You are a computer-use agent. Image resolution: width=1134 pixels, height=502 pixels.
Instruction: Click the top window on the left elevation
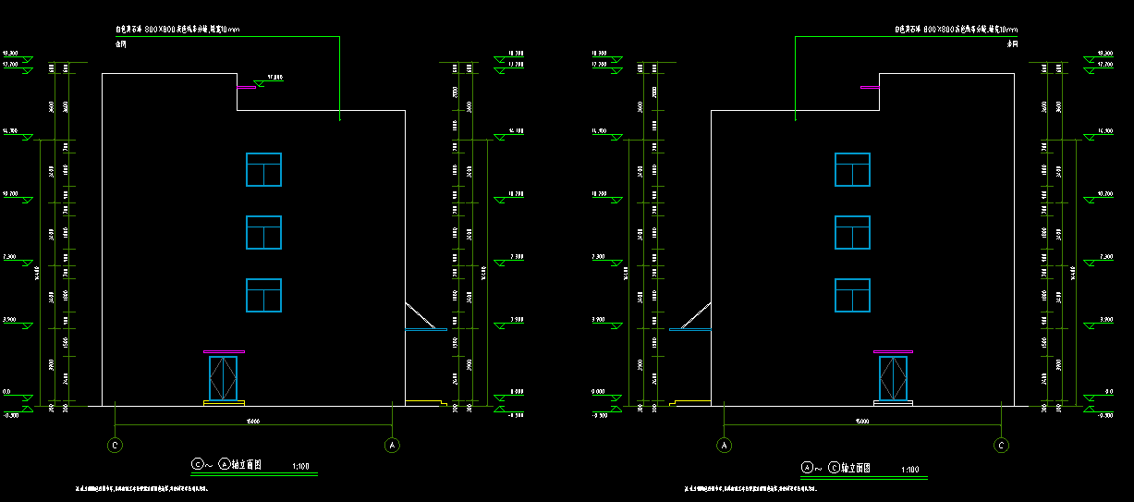click(x=263, y=169)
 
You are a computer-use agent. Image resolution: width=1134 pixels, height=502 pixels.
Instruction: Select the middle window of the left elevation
click(x=263, y=232)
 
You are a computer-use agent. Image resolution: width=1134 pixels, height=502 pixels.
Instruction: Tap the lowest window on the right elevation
click(x=852, y=295)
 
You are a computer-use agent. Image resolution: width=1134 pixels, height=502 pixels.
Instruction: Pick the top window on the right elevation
click(x=852, y=169)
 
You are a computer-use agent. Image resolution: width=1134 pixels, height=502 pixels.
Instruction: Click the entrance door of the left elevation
click(x=223, y=378)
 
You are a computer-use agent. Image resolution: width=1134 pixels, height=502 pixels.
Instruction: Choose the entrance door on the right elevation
click(x=893, y=378)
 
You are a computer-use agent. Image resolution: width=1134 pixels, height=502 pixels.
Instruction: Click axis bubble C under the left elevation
click(x=116, y=445)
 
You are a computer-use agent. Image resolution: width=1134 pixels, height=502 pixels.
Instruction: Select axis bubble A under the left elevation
click(x=392, y=445)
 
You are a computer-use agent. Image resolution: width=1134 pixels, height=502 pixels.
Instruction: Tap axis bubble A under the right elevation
click(x=725, y=445)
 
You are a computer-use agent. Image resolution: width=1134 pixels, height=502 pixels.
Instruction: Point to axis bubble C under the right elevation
click(x=1001, y=445)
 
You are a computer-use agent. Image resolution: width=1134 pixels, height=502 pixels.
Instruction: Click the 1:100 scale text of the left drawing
click(x=300, y=467)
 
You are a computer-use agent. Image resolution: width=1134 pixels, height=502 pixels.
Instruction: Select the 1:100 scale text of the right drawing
click(x=910, y=470)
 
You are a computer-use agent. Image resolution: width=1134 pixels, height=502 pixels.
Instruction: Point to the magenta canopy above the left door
click(x=224, y=351)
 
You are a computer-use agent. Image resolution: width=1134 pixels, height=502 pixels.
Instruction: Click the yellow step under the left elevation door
click(x=224, y=402)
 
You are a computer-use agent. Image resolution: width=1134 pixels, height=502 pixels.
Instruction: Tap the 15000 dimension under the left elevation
click(x=251, y=422)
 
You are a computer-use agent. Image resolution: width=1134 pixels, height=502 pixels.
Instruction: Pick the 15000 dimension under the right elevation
click(x=862, y=422)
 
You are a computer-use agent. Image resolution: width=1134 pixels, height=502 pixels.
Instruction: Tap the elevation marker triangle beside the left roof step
click(x=260, y=84)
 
